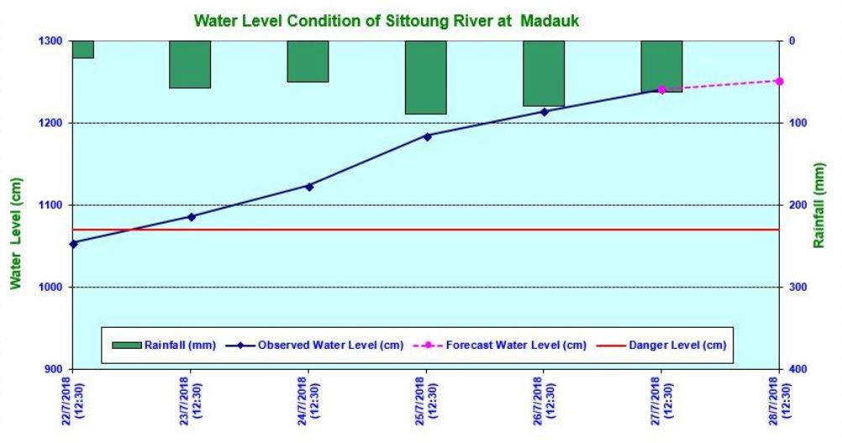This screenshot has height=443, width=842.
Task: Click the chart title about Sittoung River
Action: click(387, 20)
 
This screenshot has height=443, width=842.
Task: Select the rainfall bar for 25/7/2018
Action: click(426, 77)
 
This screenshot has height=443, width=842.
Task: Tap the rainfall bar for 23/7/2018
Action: click(190, 64)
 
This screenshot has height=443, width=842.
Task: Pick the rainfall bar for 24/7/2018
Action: click(308, 61)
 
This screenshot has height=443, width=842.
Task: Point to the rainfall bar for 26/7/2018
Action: click(544, 73)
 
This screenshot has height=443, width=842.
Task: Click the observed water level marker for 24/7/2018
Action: click(308, 187)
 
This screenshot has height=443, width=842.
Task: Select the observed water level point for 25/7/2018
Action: click(427, 136)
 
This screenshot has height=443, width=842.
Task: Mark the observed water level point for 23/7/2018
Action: click(191, 217)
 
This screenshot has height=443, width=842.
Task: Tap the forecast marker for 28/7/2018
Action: click(780, 81)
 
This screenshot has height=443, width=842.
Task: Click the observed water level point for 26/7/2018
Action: click(544, 112)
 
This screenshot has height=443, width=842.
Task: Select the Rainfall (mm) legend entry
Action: click(161, 345)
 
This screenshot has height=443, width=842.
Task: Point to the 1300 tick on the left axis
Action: click(50, 41)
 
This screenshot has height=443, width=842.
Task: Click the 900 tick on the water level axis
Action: click(53, 369)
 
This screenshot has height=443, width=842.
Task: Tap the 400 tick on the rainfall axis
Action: click(798, 369)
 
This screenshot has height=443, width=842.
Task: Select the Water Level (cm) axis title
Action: click(15, 233)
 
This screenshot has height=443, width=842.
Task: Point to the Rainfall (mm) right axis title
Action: click(820, 205)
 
